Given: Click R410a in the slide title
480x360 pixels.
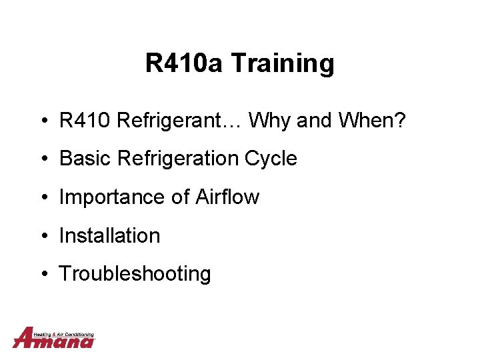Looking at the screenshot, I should (x=184, y=64).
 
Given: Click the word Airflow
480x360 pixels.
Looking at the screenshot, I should (x=227, y=197).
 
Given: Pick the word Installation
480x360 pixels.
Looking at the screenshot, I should (x=110, y=235).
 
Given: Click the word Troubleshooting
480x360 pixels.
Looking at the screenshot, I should (x=135, y=274).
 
